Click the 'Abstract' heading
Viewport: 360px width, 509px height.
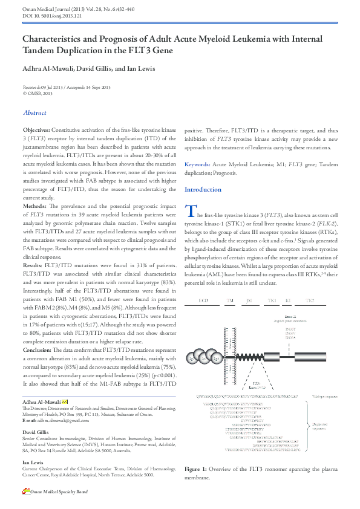tap(34, 112)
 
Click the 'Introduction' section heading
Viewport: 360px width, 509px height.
tap(203, 189)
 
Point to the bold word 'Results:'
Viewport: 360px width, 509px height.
tap(33, 265)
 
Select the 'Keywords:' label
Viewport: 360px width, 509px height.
tap(197, 164)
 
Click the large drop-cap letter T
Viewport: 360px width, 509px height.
tap(190, 212)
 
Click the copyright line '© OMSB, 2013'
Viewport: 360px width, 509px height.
tap(38, 93)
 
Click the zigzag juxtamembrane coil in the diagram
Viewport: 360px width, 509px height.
tap(249, 357)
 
